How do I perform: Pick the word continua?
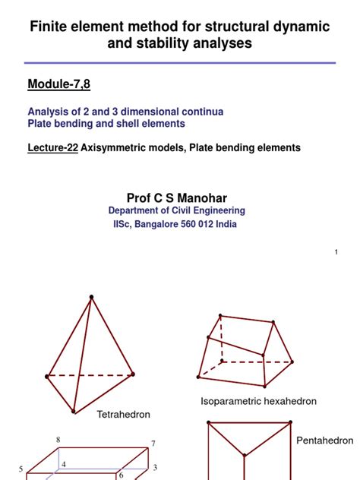[199, 112]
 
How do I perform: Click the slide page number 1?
[335, 251]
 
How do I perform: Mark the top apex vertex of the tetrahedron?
[92, 296]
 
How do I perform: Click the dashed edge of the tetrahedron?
[90, 375]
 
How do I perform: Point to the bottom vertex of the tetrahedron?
[74, 412]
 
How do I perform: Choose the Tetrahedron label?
[124, 415]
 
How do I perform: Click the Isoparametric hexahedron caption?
[258, 400]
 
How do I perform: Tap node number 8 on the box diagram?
[58, 440]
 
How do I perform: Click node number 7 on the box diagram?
[153, 444]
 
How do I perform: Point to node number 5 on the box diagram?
[21, 469]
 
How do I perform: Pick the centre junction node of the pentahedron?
[244, 456]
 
